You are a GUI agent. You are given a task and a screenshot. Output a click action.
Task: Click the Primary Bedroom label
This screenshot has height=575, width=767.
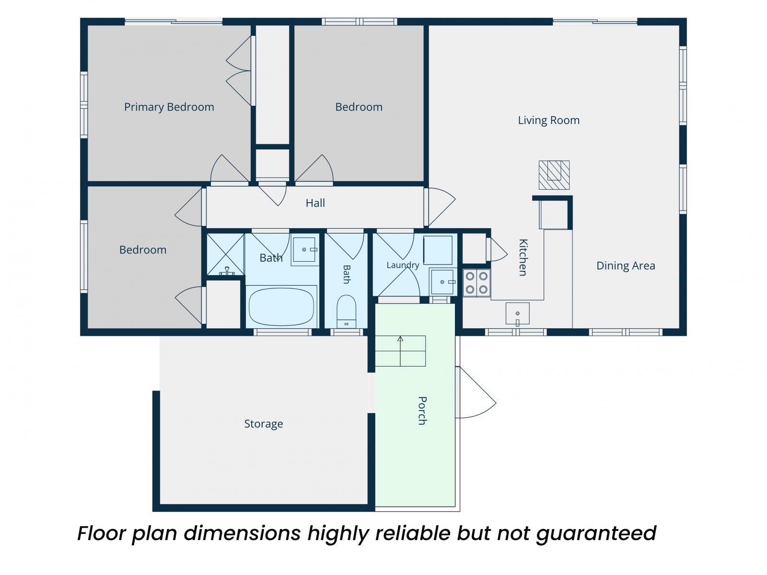click(x=169, y=107)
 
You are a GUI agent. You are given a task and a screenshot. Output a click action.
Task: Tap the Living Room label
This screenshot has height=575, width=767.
click(x=548, y=120)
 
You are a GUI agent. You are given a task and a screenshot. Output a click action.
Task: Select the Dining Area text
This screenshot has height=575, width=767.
click(x=626, y=265)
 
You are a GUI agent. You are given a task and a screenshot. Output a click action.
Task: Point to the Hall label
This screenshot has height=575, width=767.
click(x=315, y=203)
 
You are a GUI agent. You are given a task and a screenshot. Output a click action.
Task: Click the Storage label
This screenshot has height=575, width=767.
click(x=264, y=424)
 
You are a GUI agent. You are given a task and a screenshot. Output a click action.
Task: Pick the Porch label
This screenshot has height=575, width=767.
click(x=422, y=411)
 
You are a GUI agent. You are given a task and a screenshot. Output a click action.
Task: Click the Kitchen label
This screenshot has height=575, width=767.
click(x=523, y=257)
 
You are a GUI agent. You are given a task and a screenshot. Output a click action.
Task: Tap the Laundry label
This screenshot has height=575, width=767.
click(x=403, y=265)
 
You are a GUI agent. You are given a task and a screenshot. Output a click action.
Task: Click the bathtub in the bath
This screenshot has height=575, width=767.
click(x=281, y=307)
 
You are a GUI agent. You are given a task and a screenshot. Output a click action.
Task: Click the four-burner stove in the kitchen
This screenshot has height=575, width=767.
click(x=476, y=283)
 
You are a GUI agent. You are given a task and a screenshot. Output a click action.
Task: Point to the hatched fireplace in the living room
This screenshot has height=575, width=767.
click(x=554, y=175)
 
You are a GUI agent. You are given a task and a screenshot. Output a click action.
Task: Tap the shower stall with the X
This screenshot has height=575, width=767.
click(x=225, y=254)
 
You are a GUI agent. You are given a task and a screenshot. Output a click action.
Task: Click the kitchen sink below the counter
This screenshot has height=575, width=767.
click(x=518, y=314)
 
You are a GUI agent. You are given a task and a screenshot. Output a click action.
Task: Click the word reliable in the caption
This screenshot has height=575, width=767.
click(x=413, y=533)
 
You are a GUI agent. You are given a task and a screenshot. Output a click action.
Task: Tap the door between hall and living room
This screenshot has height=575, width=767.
click(x=440, y=207)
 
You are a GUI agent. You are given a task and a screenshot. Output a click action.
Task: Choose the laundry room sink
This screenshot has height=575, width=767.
click(x=443, y=282)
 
